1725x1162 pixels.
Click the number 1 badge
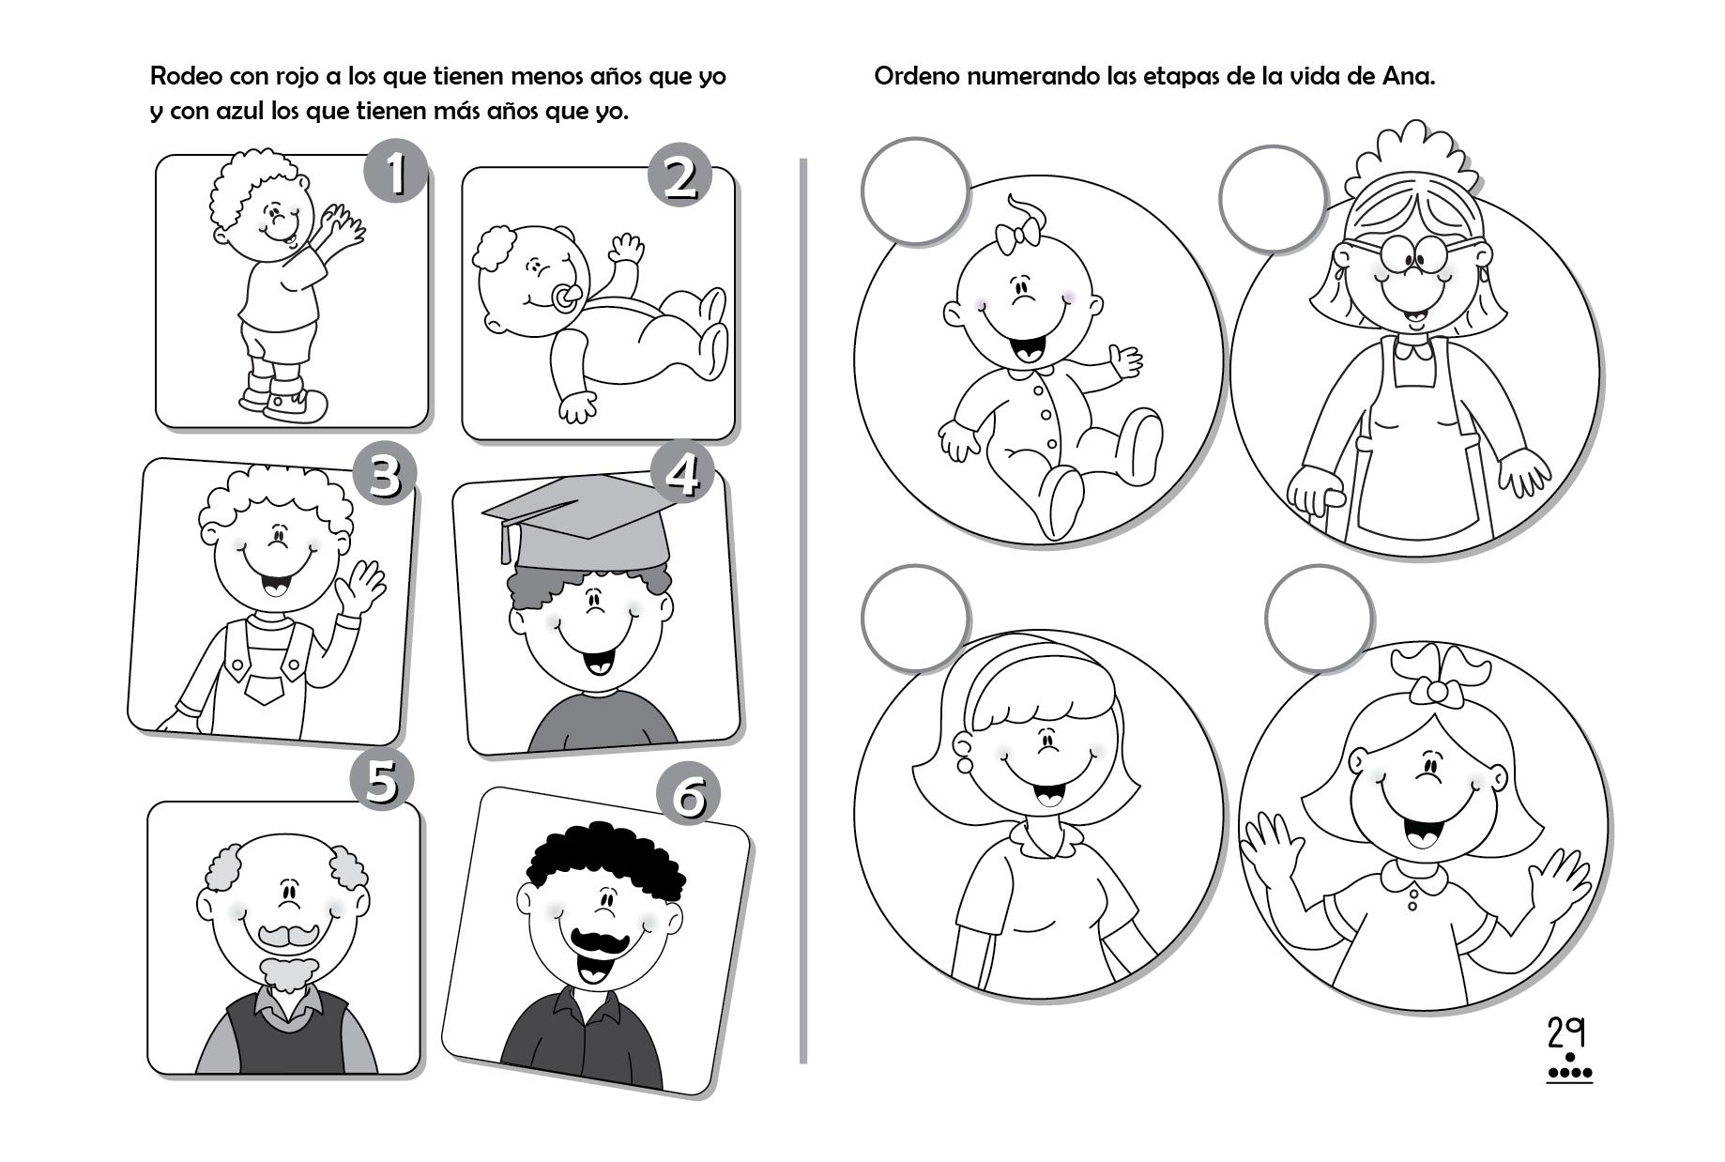pos(395,172)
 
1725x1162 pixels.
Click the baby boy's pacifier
pos(567,298)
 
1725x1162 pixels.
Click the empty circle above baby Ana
pos(916,191)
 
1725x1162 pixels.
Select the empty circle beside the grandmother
pos(1274,198)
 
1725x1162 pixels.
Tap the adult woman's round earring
pos(964,765)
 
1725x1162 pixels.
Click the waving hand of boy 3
pos(359,586)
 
